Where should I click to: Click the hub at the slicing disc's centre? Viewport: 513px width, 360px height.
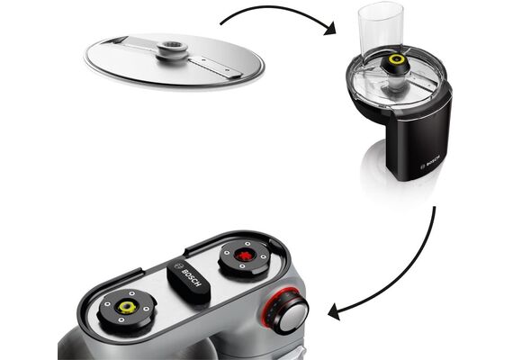point(172,50)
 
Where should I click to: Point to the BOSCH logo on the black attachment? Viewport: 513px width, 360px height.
point(429,161)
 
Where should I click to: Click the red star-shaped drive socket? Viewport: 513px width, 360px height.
point(243,255)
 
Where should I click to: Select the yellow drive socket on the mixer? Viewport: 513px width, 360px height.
point(127,307)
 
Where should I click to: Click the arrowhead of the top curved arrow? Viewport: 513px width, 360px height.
point(329,28)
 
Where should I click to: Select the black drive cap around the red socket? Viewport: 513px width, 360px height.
point(243,256)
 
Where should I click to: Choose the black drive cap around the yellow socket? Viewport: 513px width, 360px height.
point(126,308)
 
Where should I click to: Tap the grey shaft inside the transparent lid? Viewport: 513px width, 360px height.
point(395,84)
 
